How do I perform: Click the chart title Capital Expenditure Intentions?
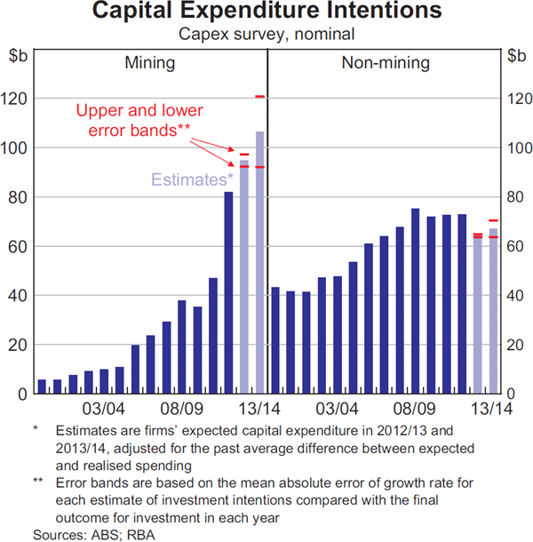[x=266, y=12]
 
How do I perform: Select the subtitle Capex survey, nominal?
[x=266, y=35]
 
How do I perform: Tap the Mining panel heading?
[x=149, y=63]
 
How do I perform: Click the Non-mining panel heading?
[x=385, y=63]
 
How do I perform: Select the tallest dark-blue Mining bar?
[x=228, y=292]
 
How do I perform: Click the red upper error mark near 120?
[x=259, y=96]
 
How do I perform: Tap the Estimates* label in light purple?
[x=187, y=179]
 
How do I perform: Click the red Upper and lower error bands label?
[x=139, y=121]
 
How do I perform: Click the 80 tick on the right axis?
[x=515, y=196]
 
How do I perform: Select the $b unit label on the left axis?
[x=18, y=55]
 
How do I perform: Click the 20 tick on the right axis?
[x=515, y=345]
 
